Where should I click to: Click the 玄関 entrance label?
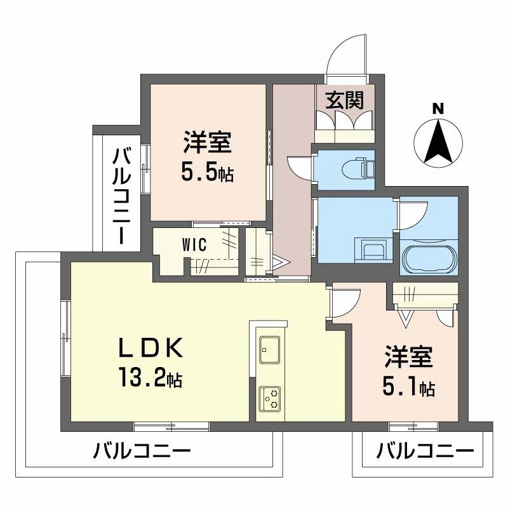pos(345,100)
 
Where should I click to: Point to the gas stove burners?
pos(270,398)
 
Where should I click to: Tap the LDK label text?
pos(152,348)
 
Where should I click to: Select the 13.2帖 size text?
pos(150,378)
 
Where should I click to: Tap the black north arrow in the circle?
pos(438,141)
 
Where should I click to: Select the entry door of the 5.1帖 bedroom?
pos(345,302)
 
